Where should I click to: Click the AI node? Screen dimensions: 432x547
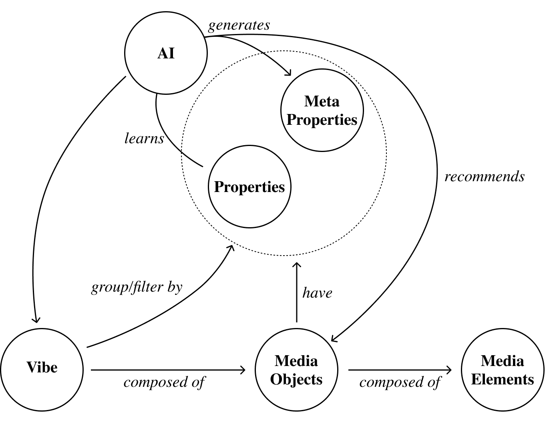(x=166, y=53)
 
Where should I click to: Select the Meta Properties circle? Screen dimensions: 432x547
(x=322, y=110)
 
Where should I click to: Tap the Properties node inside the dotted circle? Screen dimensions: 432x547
(x=249, y=187)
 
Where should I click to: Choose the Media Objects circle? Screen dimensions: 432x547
(x=296, y=370)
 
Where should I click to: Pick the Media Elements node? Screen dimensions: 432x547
(x=502, y=370)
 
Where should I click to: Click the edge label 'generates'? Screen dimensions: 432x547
(x=239, y=26)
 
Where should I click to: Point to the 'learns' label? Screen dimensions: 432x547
(x=144, y=138)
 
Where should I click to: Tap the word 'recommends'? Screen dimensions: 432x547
(x=485, y=176)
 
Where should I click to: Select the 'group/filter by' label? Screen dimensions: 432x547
(x=137, y=287)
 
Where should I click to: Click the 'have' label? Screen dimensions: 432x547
(x=317, y=293)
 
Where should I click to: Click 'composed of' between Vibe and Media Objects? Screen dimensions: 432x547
(x=164, y=382)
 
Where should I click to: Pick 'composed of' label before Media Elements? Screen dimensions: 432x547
(x=400, y=382)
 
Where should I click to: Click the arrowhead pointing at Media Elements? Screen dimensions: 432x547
(x=450, y=370)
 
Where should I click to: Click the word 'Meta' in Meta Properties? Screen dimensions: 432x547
(x=322, y=101)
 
